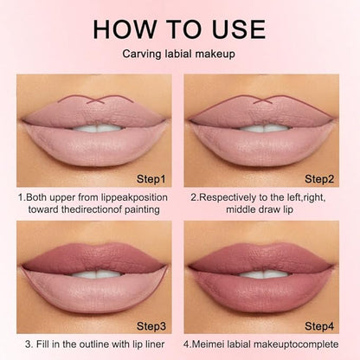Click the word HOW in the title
point(125,29)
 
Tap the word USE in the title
point(238,29)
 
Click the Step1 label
point(151,179)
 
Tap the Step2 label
point(319,179)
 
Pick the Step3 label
point(151,326)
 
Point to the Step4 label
point(319,326)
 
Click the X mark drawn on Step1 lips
point(96,100)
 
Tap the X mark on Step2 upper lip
point(263,100)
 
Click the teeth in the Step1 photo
point(97,128)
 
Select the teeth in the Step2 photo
point(264,128)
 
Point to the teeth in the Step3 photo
point(97,274)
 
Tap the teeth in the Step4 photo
point(264,274)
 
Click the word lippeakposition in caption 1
point(134,198)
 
